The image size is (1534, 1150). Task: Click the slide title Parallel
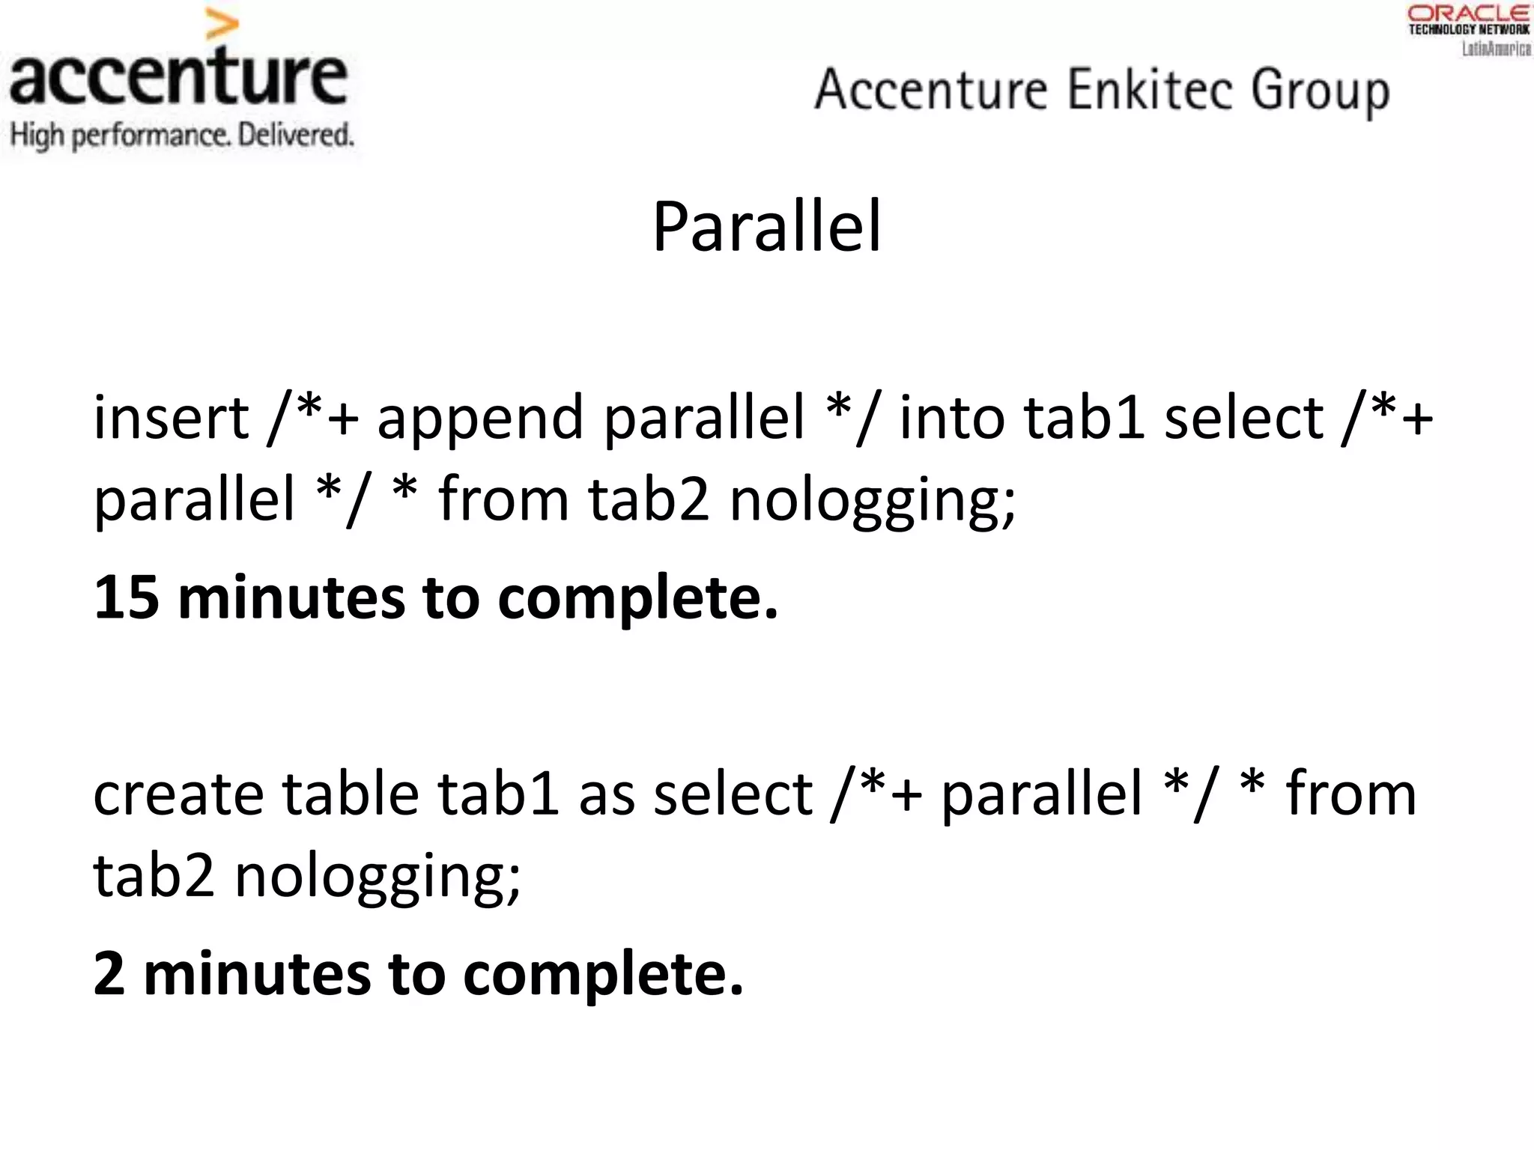[767, 227]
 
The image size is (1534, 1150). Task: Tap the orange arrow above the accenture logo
[222, 26]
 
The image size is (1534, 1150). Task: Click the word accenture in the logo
[178, 76]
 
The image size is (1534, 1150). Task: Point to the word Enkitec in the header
[1149, 90]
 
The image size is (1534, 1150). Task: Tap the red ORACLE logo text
[1468, 13]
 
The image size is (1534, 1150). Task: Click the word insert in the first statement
[171, 418]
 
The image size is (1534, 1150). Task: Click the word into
[952, 418]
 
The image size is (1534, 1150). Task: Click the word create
[178, 794]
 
